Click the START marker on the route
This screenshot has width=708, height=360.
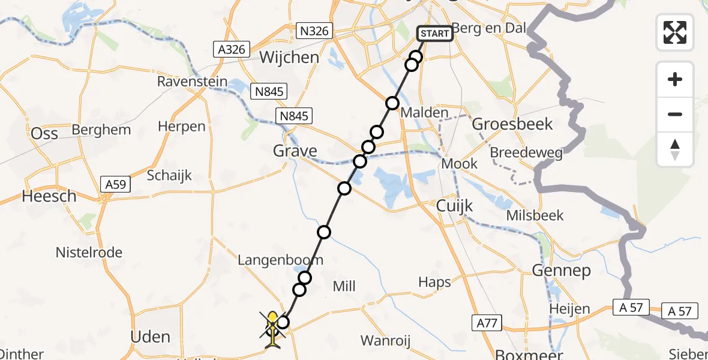tap(435, 34)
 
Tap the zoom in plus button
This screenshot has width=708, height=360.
tap(675, 79)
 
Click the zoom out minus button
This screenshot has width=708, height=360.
tap(675, 114)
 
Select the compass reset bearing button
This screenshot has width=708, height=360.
tap(675, 149)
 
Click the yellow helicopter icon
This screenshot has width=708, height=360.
tap(273, 329)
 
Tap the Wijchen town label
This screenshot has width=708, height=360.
tap(290, 58)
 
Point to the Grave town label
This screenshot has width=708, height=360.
tap(295, 150)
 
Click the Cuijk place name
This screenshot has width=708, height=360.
tap(454, 206)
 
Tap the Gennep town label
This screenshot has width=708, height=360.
tap(561, 271)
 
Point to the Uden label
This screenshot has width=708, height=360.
tap(150, 337)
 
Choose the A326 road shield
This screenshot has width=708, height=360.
tap(232, 49)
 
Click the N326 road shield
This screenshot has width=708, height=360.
tap(314, 30)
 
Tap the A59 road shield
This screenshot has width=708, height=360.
tap(115, 184)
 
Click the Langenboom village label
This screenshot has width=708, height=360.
tap(281, 260)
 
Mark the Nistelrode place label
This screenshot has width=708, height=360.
tap(89, 253)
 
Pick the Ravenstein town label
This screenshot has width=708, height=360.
tap(192, 81)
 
